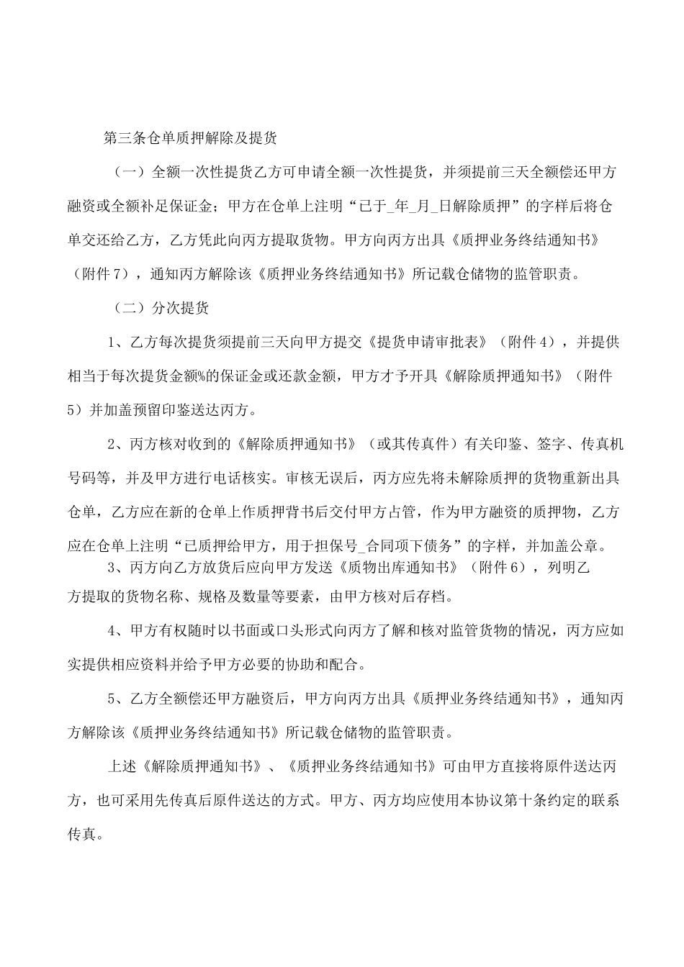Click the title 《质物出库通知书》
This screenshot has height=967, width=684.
[395, 567]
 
